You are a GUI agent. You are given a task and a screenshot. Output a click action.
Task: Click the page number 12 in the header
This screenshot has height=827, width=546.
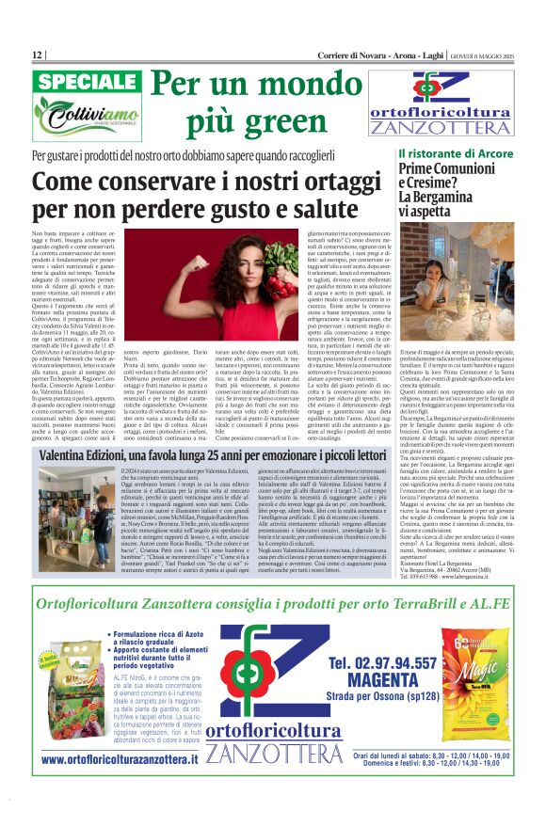[37, 56]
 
